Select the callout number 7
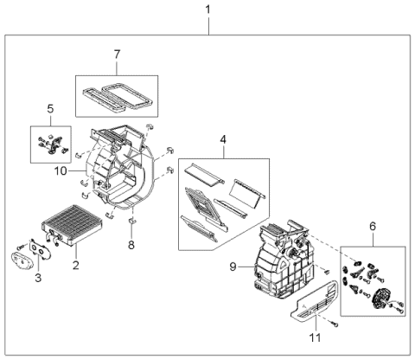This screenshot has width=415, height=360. (x=117, y=55)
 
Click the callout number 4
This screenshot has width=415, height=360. (x=222, y=139)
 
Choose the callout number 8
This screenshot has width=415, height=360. (x=131, y=246)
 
